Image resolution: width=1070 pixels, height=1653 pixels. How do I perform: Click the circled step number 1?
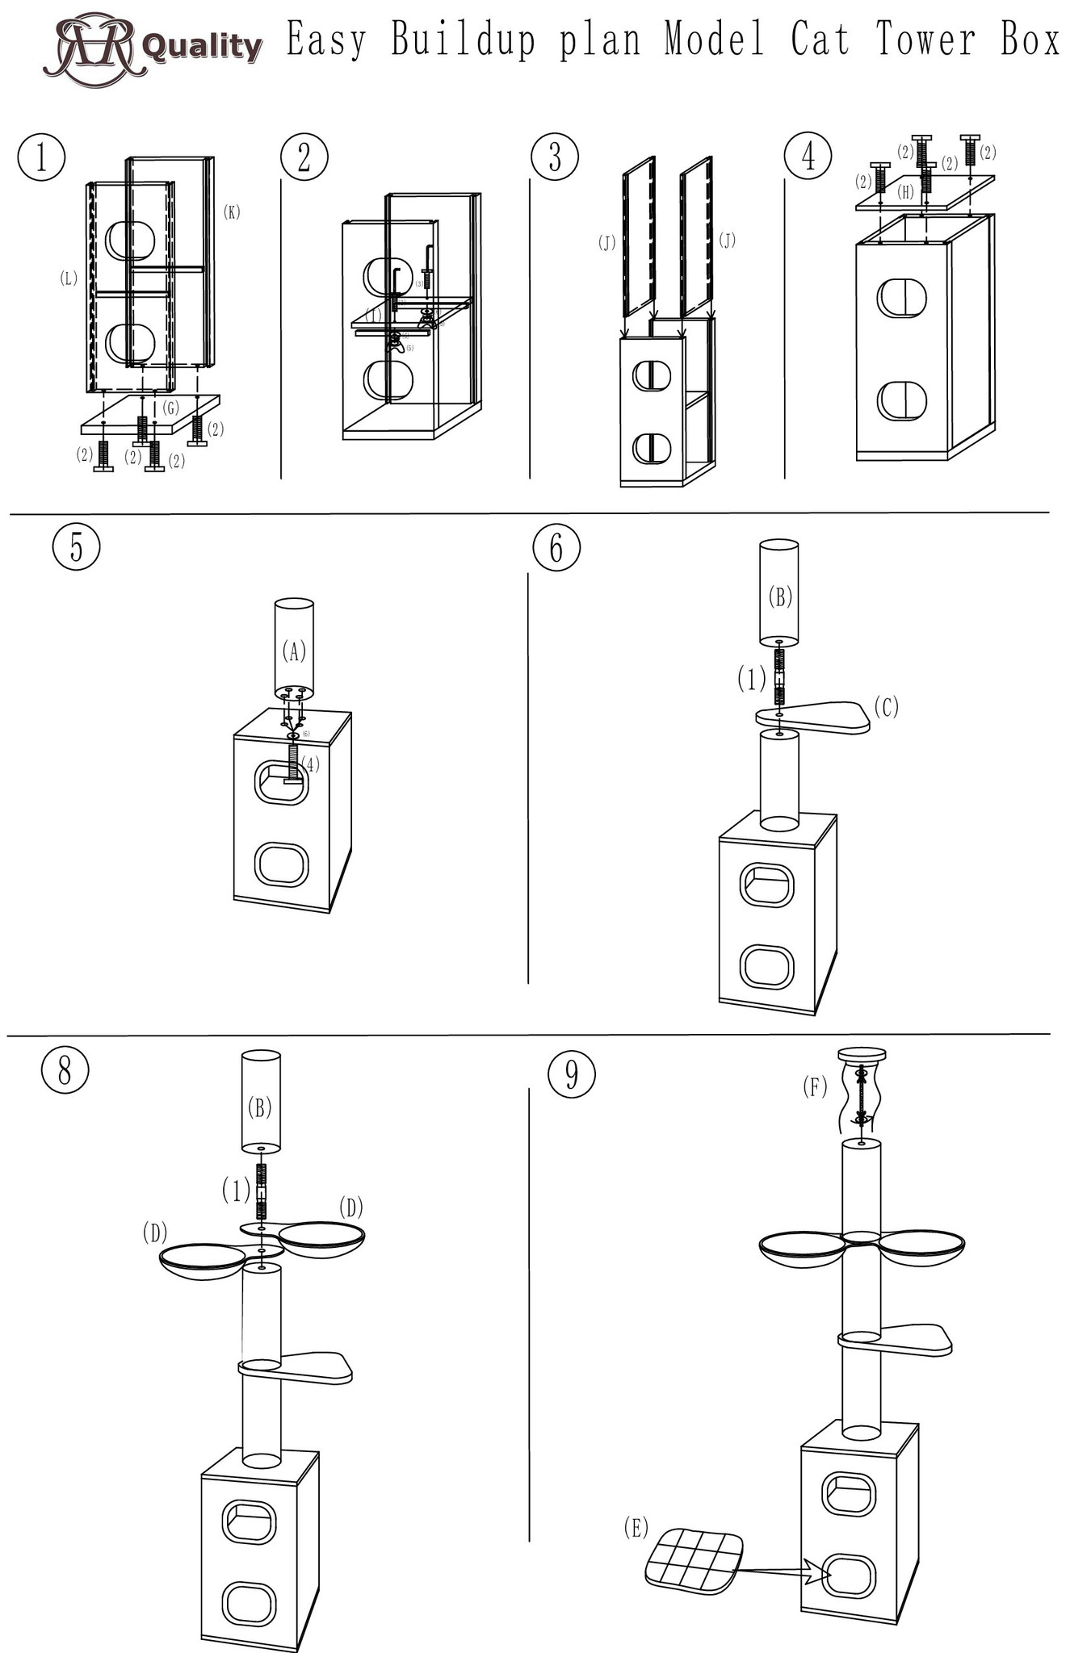[40, 157]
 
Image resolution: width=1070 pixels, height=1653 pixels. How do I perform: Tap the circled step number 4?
[808, 156]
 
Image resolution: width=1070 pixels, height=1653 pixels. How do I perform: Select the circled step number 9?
[571, 1074]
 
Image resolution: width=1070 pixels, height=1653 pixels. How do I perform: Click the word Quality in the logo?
[202, 47]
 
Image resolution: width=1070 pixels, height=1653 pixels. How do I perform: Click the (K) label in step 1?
[232, 212]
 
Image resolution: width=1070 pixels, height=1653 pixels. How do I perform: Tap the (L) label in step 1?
[69, 278]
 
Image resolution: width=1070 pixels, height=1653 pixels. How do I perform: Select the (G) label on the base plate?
[170, 408]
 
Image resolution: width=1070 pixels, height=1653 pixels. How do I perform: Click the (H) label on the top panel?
[905, 192]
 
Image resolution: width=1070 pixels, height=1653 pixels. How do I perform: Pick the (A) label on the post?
[294, 651]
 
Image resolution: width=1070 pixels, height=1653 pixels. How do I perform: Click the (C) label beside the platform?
[886, 707]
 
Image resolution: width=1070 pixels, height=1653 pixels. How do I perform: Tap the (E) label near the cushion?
[636, 1527]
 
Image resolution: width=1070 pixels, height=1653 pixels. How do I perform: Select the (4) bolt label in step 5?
[311, 763]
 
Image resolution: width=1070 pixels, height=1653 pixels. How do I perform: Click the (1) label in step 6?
[751, 680]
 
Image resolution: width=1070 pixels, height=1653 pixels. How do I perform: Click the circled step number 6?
[556, 548]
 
